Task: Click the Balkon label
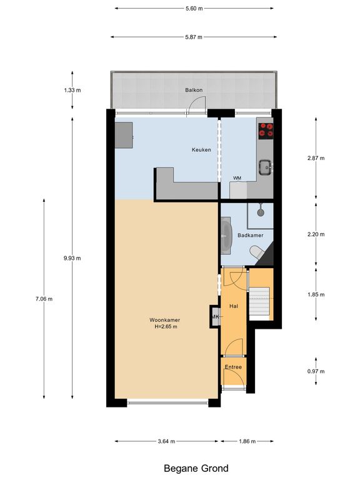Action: click(x=192, y=91)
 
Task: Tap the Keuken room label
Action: click(x=201, y=150)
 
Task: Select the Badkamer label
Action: click(x=250, y=235)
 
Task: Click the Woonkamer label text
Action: click(x=164, y=319)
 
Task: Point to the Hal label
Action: click(x=234, y=306)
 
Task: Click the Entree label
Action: click(x=234, y=367)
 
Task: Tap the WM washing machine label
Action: click(x=237, y=178)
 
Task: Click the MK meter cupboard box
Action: click(x=216, y=317)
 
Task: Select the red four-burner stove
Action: click(x=266, y=130)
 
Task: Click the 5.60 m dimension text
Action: click(x=194, y=9)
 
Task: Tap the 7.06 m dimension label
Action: click(x=44, y=299)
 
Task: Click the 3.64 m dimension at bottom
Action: click(x=166, y=441)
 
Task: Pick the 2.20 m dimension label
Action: click(x=317, y=235)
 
